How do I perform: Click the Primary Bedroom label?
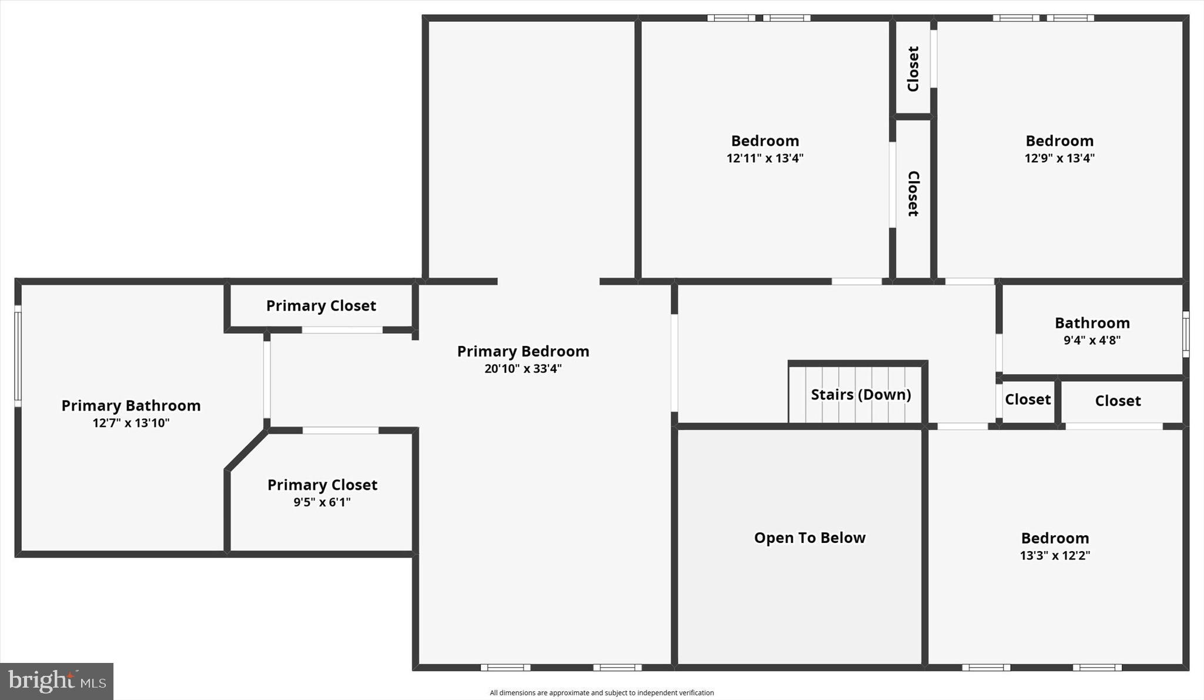523,351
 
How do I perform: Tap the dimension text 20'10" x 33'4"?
523,369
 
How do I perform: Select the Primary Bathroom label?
131,405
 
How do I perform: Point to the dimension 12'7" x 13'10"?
131,423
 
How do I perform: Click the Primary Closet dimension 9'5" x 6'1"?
322,502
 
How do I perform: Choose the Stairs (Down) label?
861,395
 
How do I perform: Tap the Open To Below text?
810,538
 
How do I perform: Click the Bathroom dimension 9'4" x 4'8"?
1092,340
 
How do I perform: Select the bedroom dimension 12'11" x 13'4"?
765,158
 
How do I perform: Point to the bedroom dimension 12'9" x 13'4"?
1059,158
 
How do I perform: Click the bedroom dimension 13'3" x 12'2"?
1055,555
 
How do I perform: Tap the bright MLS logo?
56,681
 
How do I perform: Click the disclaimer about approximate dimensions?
601,693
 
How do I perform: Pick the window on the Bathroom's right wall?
1186,334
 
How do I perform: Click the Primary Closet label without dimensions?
321,306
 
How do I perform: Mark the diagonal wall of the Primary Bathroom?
246,451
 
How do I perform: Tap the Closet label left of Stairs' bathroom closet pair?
1028,400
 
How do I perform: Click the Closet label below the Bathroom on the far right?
1118,401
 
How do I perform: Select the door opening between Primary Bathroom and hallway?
267,379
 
